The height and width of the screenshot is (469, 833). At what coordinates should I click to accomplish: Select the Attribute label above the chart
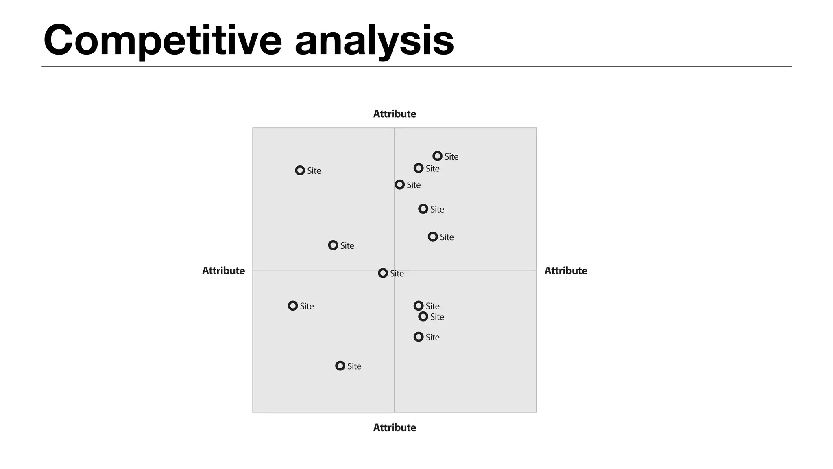[395, 114]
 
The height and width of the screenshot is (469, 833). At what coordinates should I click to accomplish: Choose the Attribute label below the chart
[395, 427]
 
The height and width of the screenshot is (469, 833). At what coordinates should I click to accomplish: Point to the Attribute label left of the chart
[223, 271]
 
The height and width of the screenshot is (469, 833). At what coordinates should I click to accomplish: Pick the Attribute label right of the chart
[565, 271]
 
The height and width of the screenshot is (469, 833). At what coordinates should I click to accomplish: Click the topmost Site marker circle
[437, 156]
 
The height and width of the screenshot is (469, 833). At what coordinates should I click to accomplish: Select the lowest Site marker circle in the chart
[340, 366]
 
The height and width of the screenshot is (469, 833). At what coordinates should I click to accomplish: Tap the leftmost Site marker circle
[293, 306]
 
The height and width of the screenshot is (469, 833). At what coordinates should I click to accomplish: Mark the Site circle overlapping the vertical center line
[400, 184]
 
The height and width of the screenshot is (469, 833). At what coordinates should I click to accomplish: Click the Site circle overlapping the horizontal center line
[383, 273]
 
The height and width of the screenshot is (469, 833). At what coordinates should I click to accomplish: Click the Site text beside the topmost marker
[451, 157]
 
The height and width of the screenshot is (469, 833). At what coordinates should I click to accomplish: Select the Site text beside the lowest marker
[354, 366]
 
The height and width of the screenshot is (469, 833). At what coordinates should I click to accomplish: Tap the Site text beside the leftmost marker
[307, 306]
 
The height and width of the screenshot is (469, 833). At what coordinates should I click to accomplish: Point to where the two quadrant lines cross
[394, 270]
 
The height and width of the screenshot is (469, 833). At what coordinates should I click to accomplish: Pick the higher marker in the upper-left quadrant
[300, 170]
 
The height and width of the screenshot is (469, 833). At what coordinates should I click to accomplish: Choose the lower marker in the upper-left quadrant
[333, 245]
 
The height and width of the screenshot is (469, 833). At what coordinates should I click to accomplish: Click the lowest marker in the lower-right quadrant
[419, 337]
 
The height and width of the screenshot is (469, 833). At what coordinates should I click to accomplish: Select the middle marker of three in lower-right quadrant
[423, 316]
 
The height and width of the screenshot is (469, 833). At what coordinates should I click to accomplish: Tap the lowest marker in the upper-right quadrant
[433, 237]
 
